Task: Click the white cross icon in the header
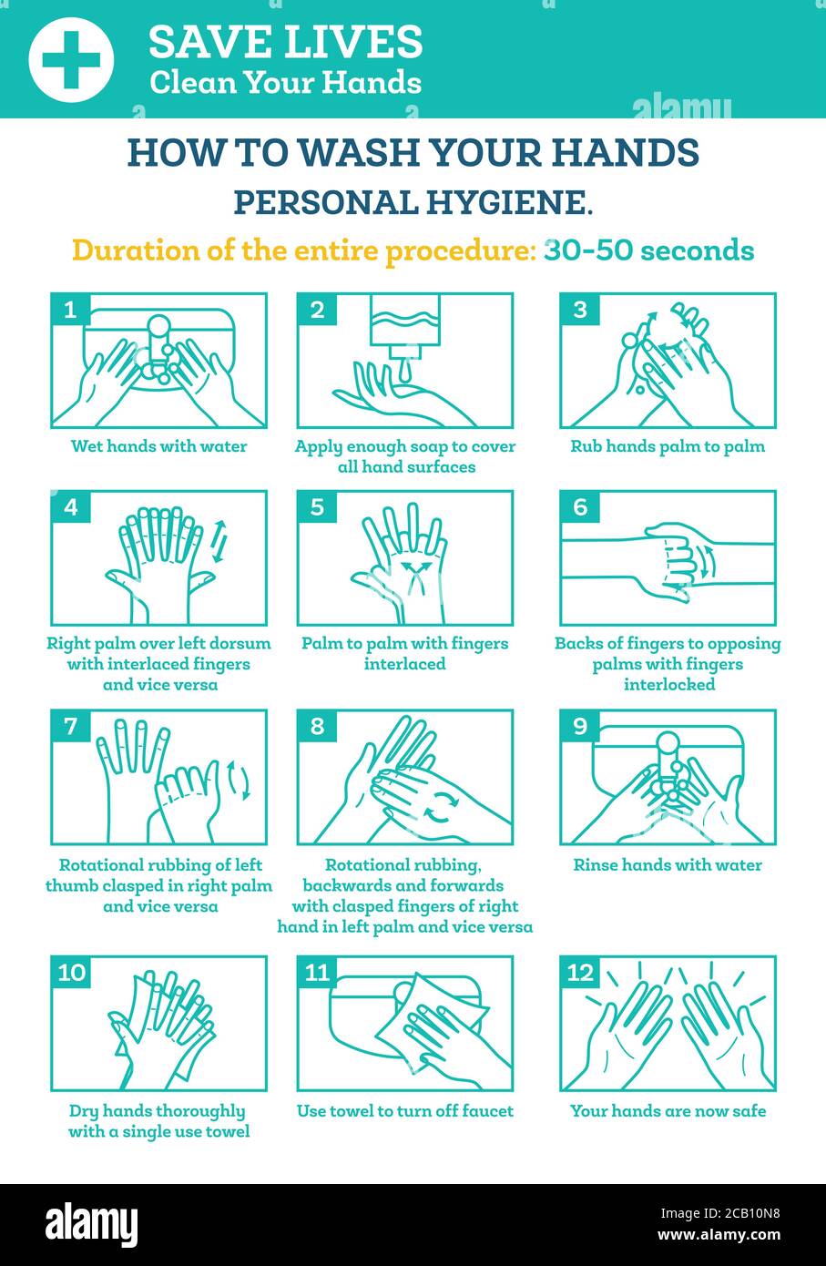[x=71, y=59]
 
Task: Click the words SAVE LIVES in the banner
[x=285, y=41]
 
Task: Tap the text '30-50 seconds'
[x=648, y=250]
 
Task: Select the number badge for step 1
[x=70, y=310]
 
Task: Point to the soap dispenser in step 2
[x=405, y=329]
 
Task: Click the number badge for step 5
[x=317, y=507]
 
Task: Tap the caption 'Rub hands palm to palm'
[x=667, y=446]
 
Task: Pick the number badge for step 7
[x=70, y=727]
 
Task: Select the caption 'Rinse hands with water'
[x=667, y=865]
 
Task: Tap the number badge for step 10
[x=72, y=973]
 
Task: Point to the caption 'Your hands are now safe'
[x=668, y=1111]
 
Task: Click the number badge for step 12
[x=580, y=973]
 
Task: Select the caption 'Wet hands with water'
[x=159, y=446]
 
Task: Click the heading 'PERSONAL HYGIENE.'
[x=413, y=202]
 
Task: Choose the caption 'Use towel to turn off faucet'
[x=405, y=1111]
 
